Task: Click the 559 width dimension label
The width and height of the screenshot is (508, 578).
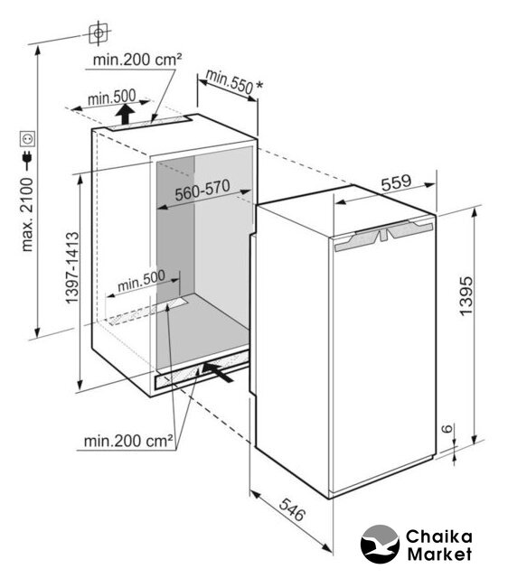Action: point(396,182)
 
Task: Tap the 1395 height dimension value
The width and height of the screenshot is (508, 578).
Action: point(466,295)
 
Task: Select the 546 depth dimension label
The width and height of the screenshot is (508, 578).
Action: point(292,509)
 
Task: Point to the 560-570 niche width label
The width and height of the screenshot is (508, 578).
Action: point(202,191)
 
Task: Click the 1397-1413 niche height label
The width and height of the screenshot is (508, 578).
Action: point(72,267)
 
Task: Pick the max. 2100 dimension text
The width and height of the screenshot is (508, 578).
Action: point(27,215)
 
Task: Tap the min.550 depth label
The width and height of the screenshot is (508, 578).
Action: point(229,81)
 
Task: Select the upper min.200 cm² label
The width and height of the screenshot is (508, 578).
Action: point(137,60)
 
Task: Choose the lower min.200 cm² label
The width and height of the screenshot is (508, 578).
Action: point(128,441)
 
